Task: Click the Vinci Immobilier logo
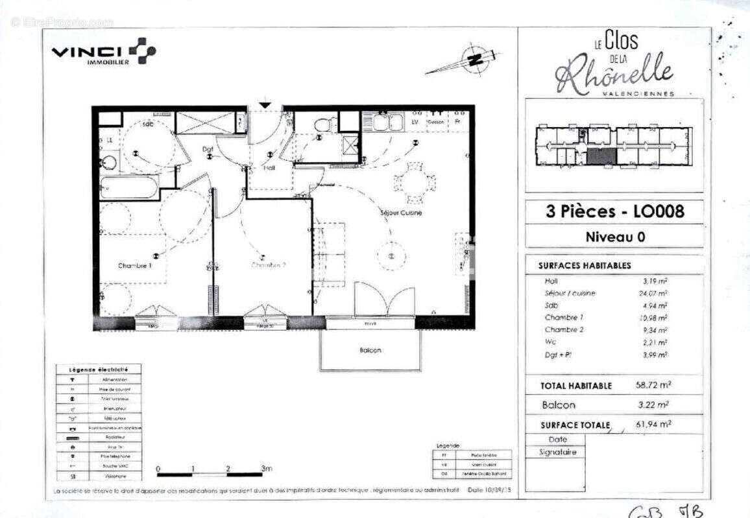(x=103, y=52)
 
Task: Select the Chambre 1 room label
(x=135, y=266)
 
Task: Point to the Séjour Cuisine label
(x=401, y=213)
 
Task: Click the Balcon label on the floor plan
(x=370, y=350)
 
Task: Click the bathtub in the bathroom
(x=130, y=187)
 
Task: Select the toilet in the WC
(x=324, y=124)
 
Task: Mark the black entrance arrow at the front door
(x=265, y=104)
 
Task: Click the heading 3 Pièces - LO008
(x=614, y=211)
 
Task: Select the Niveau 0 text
(x=614, y=237)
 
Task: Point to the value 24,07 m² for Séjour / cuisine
(x=653, y=293)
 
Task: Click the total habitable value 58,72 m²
(x=653, y=385)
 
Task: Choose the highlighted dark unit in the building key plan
(x=601, y=156)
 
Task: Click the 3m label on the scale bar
(x=266, y=468)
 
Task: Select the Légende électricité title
(x=98, y=369)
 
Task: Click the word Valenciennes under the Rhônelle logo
(x=638, y=93)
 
